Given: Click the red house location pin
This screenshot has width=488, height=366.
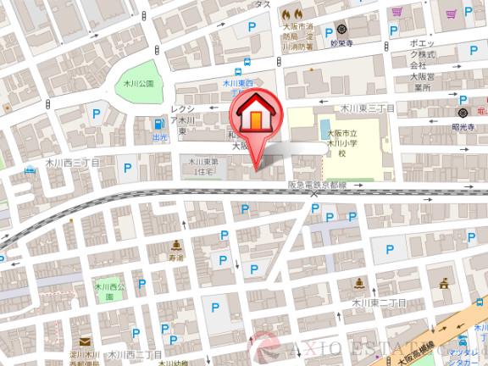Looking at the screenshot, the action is [x=254, y=119].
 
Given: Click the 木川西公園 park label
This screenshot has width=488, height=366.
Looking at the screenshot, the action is [x=106, y=292].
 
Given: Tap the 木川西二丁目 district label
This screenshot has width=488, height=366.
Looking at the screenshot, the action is [x=135, y=354].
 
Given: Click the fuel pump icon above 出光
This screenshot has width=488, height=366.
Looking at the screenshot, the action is [x=158, y=124].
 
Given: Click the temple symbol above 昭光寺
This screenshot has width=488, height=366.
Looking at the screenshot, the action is [x=463, y=112].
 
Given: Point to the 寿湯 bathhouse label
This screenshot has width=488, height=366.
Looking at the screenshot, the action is [x=176, y=257].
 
